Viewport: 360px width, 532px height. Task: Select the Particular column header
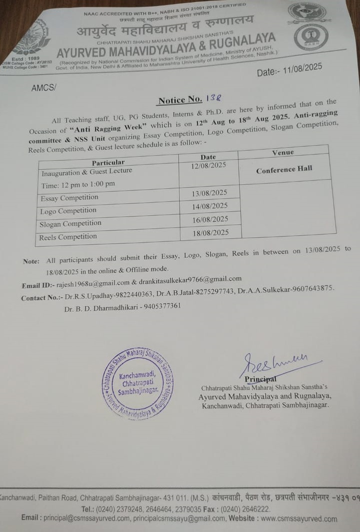(x=108, y=162)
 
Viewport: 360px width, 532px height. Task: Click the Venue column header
(x=283, y=152)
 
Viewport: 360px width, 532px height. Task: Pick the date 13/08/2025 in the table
(x=210, y=193)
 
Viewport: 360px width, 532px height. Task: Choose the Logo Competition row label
(x=68, y=211)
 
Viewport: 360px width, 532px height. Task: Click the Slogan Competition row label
(x=70, y=223)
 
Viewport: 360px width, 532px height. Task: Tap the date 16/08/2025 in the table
(x=210, y=219)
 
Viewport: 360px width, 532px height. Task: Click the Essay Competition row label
(x=70, y=198)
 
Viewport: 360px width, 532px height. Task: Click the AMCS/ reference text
(x=44, y=88)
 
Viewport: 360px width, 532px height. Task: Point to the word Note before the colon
(x=31, y=261)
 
